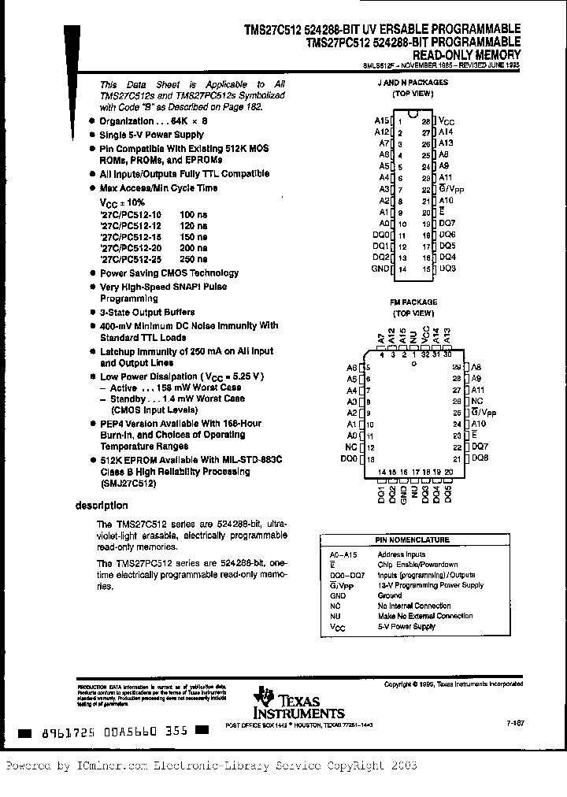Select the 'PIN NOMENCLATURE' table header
pyautogui.click(x=423, y=540)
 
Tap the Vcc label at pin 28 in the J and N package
pyautogui.click(x=447, y=121)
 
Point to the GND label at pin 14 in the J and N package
pyautogui.click(x=380, y=269)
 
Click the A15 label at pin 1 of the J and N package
pyautogui.click(x=382, y=121)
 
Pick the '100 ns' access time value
pyautogui.click(x=194, y=214)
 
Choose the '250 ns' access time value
pyautogui.click(x=194, y=258)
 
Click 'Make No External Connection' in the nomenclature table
pyautogui.click(x=425, y=616)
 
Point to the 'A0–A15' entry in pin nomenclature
pyautogui.click(x=340, y=554)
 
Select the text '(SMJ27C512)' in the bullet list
pyautogui.click(x=128, y=484)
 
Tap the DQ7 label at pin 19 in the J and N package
pyautogui.click(x=447, y=224)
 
